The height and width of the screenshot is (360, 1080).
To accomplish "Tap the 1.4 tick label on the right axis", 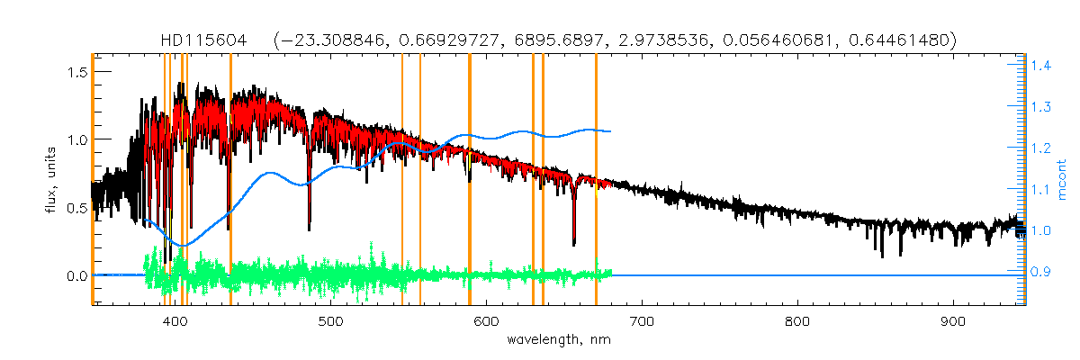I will coord(1042,66).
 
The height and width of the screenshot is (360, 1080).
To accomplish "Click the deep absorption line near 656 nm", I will coord(573,238).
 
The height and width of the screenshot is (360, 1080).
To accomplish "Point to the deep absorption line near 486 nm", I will coord(310,225).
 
